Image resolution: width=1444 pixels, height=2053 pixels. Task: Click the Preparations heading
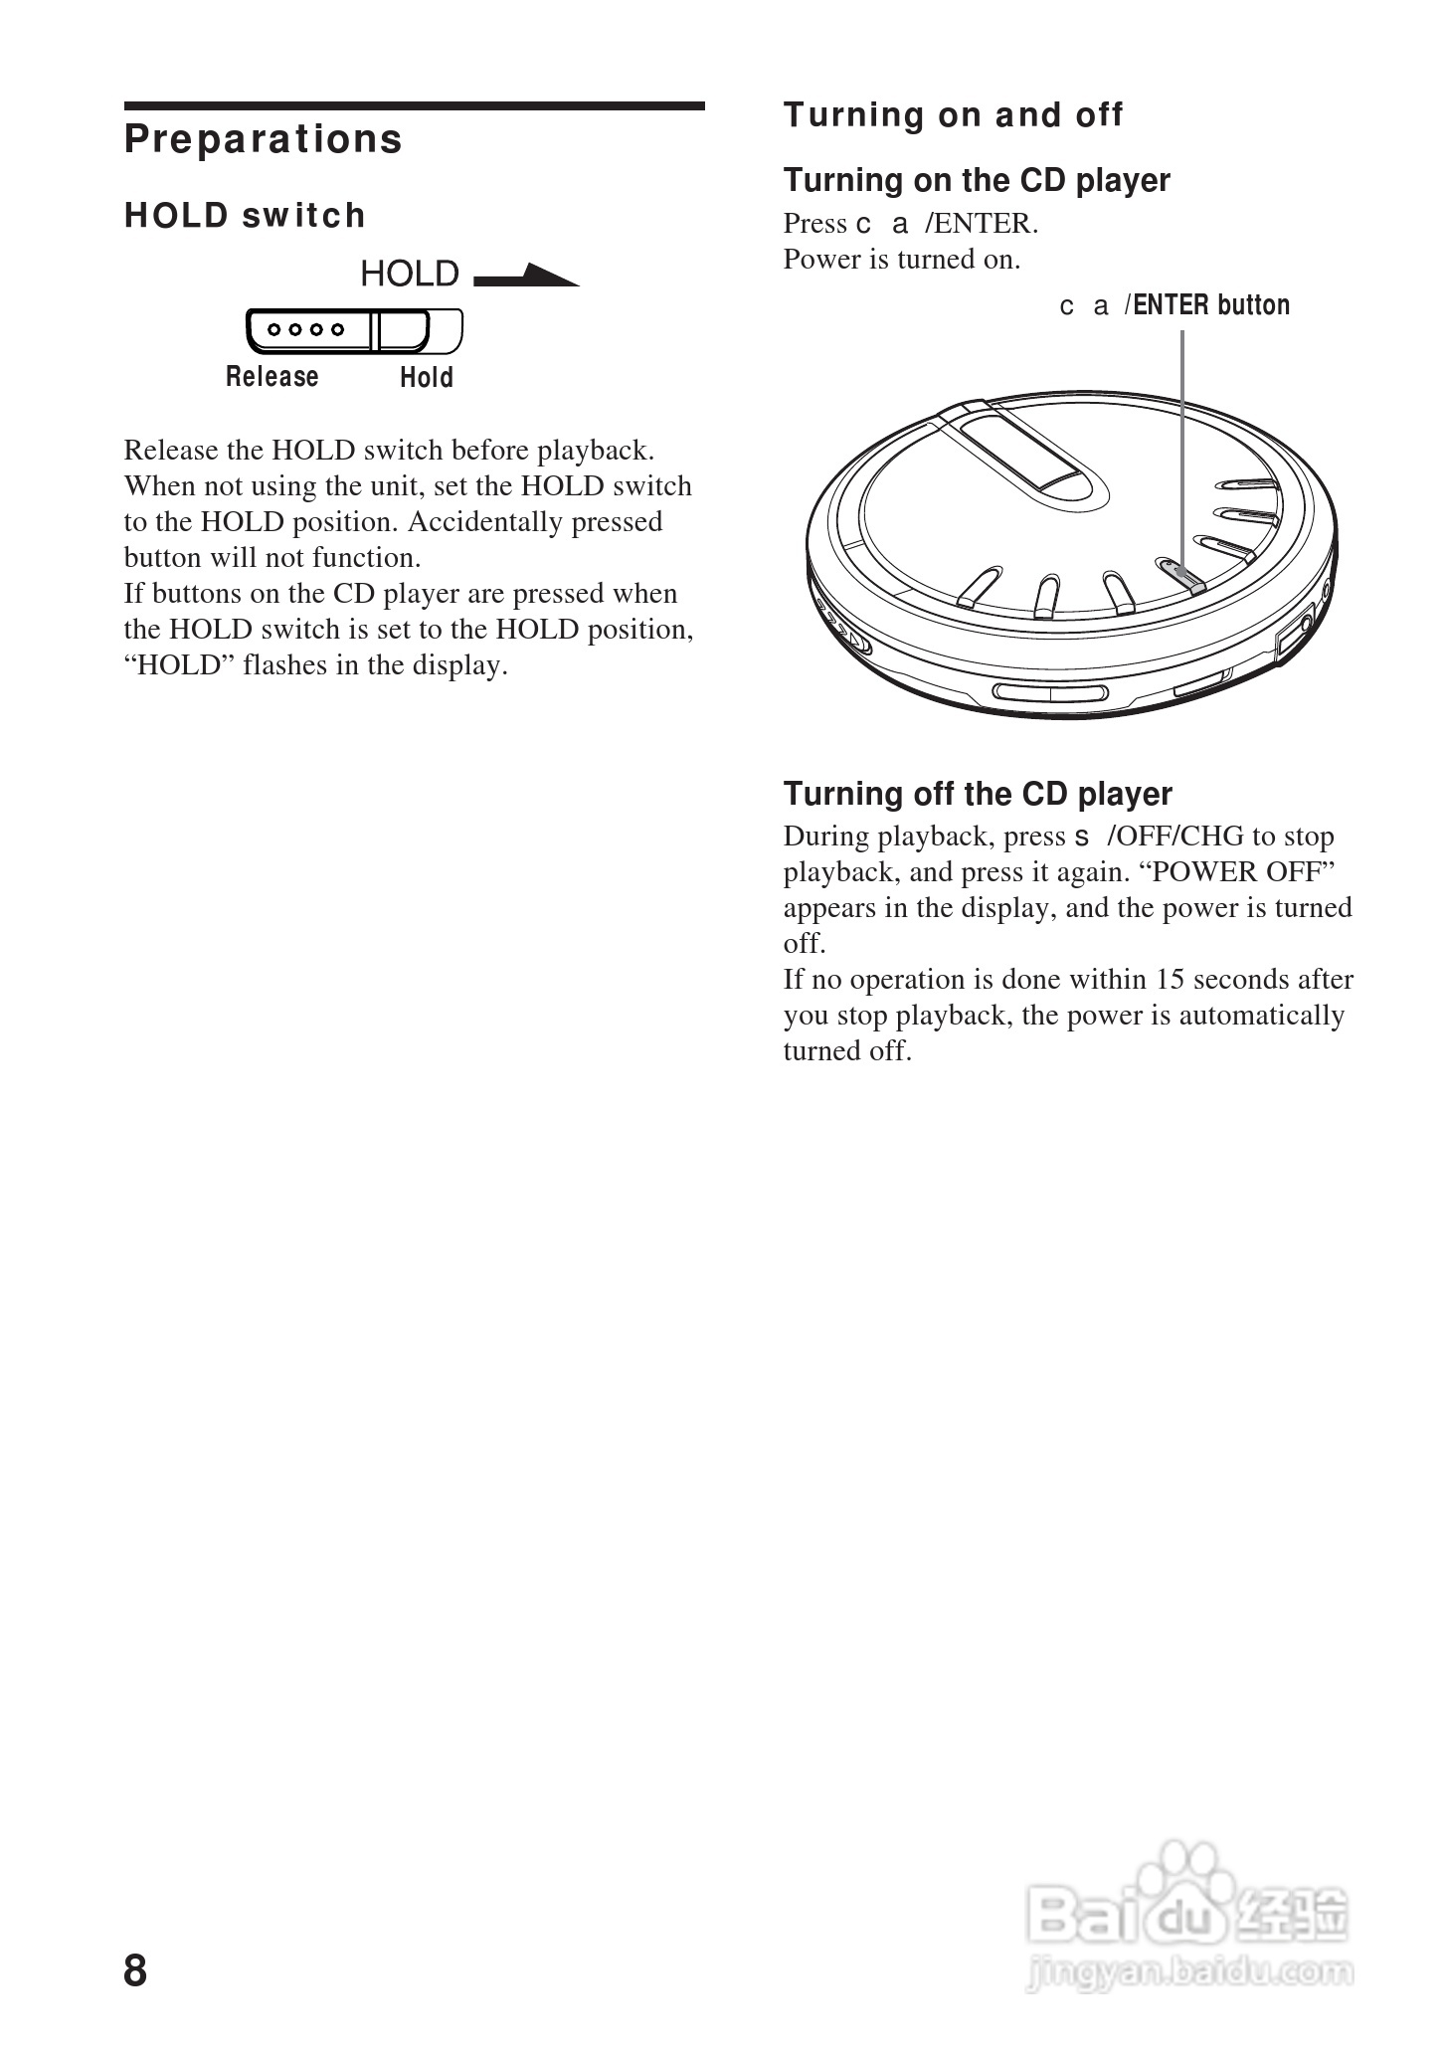263,139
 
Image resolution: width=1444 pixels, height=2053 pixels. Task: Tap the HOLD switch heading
245,216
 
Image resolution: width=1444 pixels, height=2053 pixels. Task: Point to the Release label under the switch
271,377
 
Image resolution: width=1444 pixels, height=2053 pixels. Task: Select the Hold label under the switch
426,378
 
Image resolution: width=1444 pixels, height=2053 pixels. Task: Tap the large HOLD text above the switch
409,274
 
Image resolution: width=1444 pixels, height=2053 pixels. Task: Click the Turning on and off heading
953,115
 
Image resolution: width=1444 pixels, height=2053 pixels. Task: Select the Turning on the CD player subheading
976,181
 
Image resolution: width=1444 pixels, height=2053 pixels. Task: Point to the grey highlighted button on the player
1181,575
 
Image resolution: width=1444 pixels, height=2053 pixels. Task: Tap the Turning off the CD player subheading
977,794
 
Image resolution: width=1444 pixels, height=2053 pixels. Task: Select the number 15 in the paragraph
1170,980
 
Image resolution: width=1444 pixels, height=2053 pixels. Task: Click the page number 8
135,1970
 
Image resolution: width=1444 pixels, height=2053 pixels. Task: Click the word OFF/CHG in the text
1179,837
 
